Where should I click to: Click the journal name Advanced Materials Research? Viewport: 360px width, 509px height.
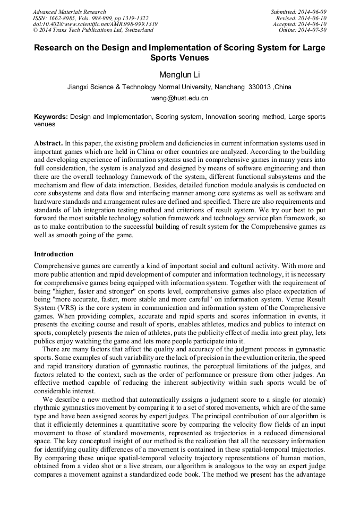click(x=70, y=12)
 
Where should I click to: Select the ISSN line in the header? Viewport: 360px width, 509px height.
click(x=91, y=18)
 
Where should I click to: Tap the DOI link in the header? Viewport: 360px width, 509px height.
click(x=95, y=24)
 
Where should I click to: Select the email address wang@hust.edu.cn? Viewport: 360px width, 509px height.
click(x=179, y=98)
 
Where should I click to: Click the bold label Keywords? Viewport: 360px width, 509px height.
click(x=51, y=116)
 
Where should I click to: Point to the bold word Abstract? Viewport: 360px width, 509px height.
click(x=48, y=144)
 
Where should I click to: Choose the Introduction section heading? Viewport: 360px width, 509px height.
click(x=54, y=254)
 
